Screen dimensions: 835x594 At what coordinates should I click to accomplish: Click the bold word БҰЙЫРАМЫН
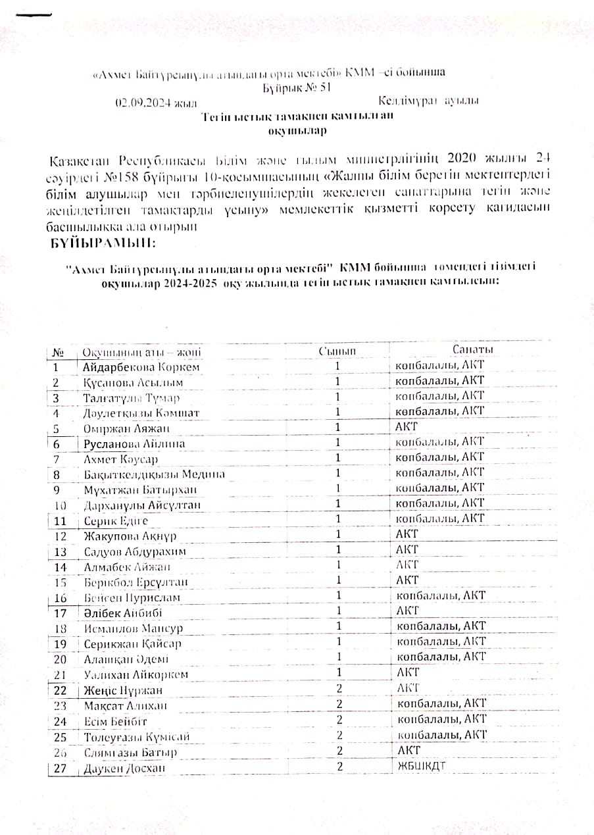click(104, 243)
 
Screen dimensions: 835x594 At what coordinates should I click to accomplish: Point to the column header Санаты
click(473, 349)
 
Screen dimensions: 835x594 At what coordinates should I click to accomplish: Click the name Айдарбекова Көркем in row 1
click(141, 367)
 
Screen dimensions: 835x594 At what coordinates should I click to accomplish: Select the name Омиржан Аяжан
click(126, 428)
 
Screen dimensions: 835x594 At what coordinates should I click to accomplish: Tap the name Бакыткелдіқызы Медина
click(154, 474)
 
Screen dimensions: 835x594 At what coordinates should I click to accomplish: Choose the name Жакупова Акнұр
click(130, 536)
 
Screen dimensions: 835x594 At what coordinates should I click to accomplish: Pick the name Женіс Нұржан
click(123, 690)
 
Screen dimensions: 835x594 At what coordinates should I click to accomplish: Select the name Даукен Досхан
click(124, 768)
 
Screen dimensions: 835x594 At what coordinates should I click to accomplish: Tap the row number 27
click(61, 768)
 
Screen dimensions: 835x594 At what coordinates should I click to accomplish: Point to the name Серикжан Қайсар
click(132, 644)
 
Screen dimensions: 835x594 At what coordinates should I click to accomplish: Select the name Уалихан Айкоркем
click(136, 674)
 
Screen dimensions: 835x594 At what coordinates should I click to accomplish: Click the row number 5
click(57, 428)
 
